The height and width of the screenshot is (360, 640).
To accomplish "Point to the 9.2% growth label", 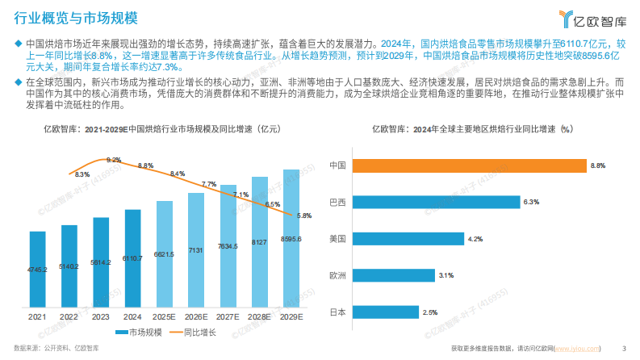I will point(113,160).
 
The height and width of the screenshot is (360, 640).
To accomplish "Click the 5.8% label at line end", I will point(304,216).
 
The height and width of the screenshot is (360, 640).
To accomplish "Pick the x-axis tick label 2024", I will point(132,317).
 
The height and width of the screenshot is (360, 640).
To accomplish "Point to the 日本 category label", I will point(338,312).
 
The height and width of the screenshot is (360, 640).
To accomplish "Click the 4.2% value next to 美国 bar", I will point(475,239).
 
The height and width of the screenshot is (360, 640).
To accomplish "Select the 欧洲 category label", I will point(338,275).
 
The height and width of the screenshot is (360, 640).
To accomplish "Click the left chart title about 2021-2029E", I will point(161,129).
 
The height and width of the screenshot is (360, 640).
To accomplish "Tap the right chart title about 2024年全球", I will point(471,129).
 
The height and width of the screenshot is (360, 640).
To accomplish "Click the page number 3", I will point(625,348).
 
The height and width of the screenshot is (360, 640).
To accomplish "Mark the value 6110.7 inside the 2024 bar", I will point(132,258).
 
